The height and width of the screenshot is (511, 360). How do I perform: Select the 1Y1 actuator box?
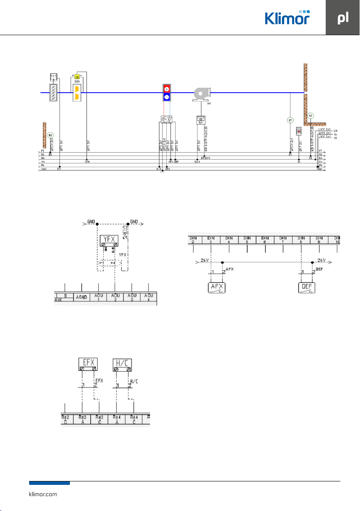tap(54, 76)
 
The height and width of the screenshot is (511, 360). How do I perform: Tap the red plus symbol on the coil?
tap(166, 90)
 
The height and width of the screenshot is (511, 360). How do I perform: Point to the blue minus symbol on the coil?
tap(166, 97)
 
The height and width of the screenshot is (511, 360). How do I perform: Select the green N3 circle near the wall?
tap(311, 115)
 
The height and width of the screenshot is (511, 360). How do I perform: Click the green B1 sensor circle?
tap(290, 120)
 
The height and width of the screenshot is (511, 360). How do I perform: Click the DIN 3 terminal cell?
tap(211, 239)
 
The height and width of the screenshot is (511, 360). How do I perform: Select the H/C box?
tap(122, 365)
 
